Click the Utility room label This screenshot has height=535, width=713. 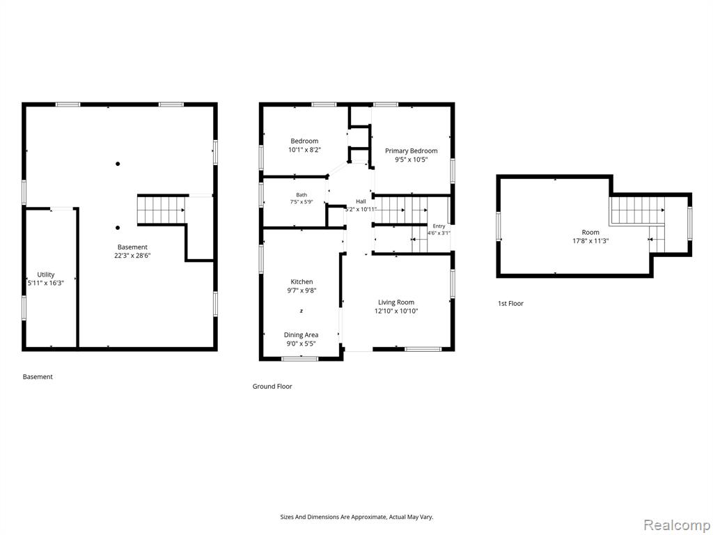pyautogui.click(x=45, y=274)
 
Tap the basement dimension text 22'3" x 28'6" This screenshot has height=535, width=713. pyautogui.click(x=132, y=256)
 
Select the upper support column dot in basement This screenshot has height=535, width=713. pyautogui.click(x=118, y=164)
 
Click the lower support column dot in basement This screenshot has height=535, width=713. pyautogui.click(x=118, y=228)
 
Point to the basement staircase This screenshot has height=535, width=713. pyautogui.click(x=162, y=210)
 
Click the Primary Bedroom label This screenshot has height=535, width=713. pyautogui.click(x=411, y=150)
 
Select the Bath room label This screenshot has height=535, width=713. pyautogui.click(x=301, y=195)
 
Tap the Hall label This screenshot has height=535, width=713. pyautogui.click(x=361, y=201)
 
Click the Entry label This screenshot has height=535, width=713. pyautogui.click(x=439, y=226)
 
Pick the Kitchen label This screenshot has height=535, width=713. pyautogui.click(x=301, y=281)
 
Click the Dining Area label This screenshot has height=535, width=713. pyautogui.click(x=301, y=335)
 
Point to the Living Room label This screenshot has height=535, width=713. pyautogui.click(x=396, y=302)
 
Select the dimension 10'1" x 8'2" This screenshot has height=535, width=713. pyautogui.click(x=305, y=150)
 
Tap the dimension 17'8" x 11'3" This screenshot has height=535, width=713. pyautogui.click(x=590, y=241)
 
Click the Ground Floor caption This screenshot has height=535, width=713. pyautogui.click(x=272, y=386)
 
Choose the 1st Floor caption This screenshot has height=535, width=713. pyautogui.click(x=510, y=304)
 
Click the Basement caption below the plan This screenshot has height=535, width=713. pyautogui.click(x=38, y=377)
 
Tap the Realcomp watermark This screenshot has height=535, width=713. pyautogui.click(x=676, y=525)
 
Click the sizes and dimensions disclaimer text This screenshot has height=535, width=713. pyautogui.click(x=356, y=517)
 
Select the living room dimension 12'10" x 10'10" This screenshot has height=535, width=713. pyautogui.click(x=396, y=311)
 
